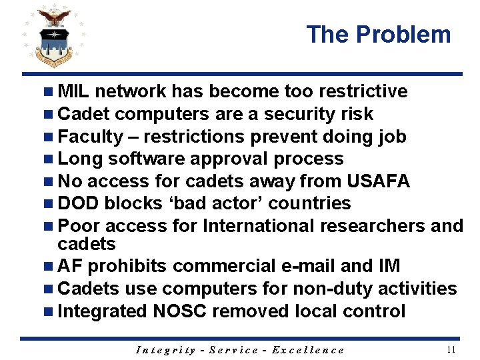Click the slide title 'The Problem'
click(x=379, y=34)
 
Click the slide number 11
click(x=451, y=349)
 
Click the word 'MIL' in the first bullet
click(x=74, y=91)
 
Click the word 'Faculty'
click(x=91, y=137)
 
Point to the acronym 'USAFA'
click(x=379, y=181)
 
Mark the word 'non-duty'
click(x=334, y=289)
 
